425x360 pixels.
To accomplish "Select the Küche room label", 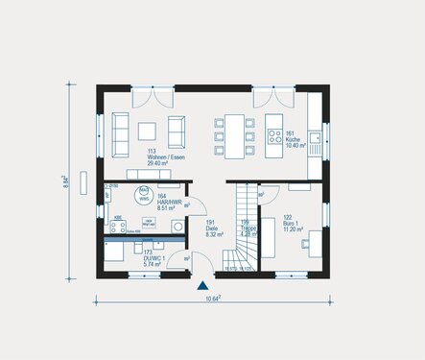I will [292, 139].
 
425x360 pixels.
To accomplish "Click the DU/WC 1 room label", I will [121, 258].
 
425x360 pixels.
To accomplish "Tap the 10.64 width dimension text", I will [212, 301].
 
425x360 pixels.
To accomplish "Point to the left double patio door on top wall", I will [153, 97].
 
